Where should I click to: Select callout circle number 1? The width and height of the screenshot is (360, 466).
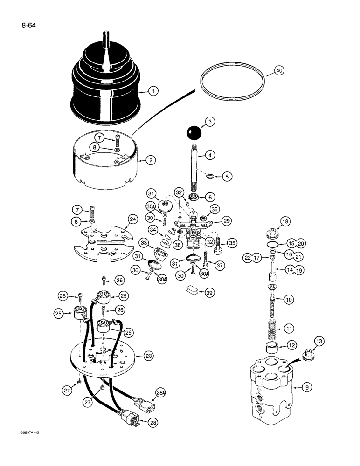(x=152, y=92)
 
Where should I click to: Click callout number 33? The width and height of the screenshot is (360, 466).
(x=144, y=243)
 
